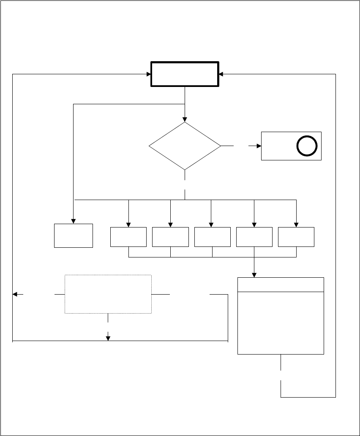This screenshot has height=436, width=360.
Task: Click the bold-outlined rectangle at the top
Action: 185,75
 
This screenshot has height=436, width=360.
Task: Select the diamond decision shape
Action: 185,146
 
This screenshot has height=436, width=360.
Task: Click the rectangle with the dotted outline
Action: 108,294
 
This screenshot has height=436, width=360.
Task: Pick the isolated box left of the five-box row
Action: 74,236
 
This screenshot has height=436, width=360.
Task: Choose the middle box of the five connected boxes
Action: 212,237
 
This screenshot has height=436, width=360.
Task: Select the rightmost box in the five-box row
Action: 296,237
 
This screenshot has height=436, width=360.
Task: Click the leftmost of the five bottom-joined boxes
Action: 128,237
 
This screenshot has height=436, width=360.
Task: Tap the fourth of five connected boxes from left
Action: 254,237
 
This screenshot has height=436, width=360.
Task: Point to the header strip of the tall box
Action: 281,284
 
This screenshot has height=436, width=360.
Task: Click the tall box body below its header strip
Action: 281,322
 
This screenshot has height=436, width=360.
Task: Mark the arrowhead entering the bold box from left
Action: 148,74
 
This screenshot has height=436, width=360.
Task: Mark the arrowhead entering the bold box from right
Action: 221,74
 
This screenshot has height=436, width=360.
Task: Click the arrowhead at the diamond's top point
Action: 185,119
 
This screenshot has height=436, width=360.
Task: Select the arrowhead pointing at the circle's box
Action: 259,146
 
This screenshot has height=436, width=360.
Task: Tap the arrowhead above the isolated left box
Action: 74,221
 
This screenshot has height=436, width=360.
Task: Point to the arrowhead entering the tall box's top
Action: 254,275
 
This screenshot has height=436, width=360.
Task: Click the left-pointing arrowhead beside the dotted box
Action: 15,294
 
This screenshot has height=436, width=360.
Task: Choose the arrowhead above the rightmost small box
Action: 296,225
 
